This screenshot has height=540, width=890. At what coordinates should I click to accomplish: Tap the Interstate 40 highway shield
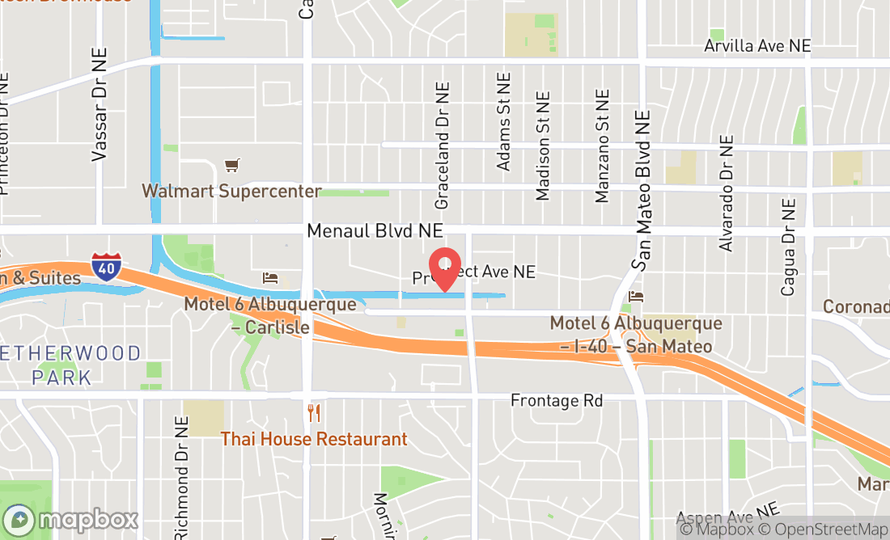(106, 267)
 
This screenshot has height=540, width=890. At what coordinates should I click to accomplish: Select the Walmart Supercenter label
(231, 192)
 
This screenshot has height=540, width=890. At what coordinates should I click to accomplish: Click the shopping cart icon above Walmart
(232, 166)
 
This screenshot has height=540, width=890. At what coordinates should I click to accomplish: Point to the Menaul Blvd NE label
(375, 231)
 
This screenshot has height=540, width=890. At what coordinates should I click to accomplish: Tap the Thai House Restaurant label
(314, 439)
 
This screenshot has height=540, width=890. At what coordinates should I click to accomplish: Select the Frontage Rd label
(557, 401)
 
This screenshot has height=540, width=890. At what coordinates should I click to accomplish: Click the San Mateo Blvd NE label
(643, 190)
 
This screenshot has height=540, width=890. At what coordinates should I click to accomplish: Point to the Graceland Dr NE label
(442, 146)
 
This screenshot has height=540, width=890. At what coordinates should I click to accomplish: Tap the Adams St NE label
(505, 122)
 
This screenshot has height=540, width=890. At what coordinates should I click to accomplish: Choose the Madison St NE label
(543, 145)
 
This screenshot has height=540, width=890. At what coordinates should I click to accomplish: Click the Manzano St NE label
(602, 146)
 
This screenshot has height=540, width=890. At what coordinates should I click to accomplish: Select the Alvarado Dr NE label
(726, 192)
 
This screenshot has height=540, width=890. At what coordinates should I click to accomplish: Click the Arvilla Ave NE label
(756, 45)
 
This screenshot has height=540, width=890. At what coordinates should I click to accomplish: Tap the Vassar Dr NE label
(100, 103)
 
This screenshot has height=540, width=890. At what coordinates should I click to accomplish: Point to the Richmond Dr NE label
(181, 477)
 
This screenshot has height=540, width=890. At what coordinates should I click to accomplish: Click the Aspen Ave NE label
(727, 516)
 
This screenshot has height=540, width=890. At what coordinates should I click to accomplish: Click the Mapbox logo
(70, 519)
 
